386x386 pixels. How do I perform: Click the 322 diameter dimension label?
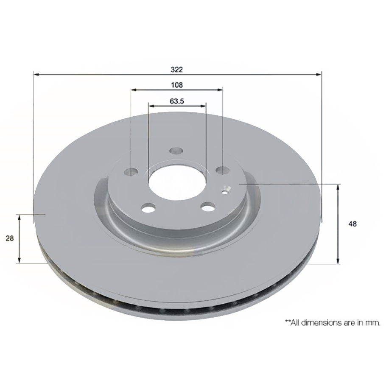point(177,69)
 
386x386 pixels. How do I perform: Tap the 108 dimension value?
point(176,85)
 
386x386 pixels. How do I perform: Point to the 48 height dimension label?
point(352,224)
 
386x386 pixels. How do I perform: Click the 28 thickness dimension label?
point(9,238)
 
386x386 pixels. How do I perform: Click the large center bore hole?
point(176,185)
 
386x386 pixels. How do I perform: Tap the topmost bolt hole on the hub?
point(176,151)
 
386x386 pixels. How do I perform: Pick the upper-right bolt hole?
point(222,170)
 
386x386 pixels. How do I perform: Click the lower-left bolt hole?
point(148,208)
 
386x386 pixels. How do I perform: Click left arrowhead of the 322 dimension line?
point(36,75)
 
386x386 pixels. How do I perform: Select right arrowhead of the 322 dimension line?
point(319,75)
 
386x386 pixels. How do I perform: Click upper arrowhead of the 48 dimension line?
point(338,187)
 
